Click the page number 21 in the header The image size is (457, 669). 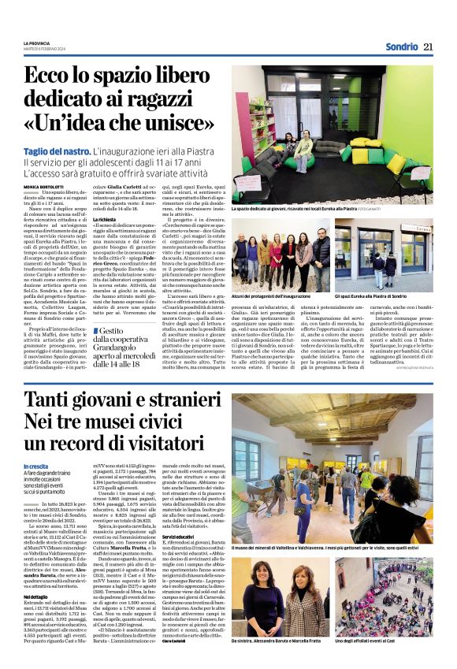(x=428, y=46)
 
